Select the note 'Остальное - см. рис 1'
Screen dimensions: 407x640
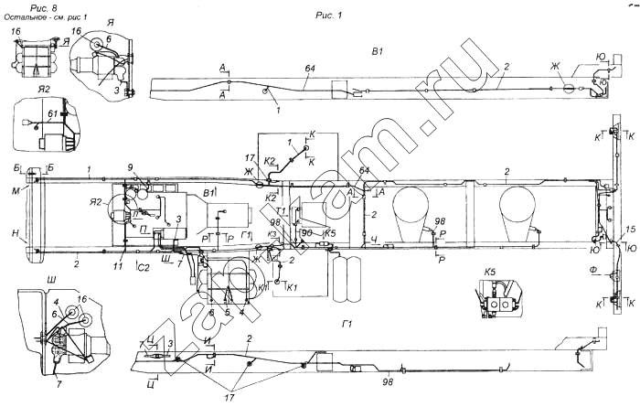click(x=46, y=17)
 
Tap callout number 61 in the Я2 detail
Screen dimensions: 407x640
click(x=51, y=113)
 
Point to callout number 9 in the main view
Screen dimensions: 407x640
click(x=131, y=166)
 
